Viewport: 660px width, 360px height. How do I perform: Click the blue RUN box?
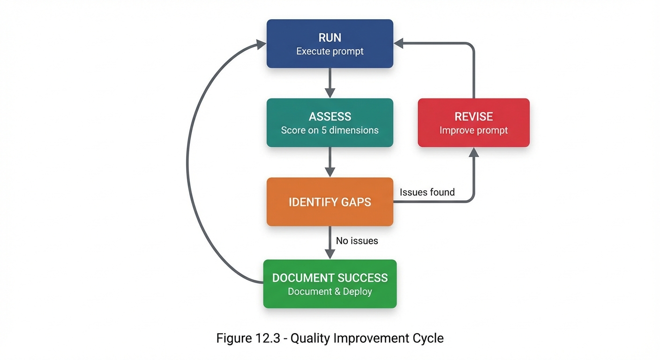point(330,44)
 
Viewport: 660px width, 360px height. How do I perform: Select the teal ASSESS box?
point(330,123)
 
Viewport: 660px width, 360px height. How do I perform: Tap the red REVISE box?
point(473,123)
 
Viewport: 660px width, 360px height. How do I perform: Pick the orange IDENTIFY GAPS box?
point(330,202)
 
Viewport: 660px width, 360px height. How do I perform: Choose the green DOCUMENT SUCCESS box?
point(330,284)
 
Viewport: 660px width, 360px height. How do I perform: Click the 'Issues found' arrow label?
point(427,192)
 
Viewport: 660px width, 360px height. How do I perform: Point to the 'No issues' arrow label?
point(357,241)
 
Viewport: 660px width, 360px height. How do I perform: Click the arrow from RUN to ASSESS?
point(330,82)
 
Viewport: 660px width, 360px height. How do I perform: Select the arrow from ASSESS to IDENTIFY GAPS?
point(330,162)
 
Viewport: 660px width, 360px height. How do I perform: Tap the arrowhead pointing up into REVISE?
point(474,152)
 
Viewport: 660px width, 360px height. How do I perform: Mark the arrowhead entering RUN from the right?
point(399,44)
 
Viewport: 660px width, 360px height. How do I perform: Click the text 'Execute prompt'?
point(330,51)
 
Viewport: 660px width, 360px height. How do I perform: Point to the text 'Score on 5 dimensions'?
point(330,130)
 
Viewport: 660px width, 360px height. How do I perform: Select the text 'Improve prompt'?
point(473,130)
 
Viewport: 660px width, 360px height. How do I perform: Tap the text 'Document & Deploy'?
point(330,292)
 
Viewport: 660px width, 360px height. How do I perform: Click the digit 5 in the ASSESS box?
point(323,130)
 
